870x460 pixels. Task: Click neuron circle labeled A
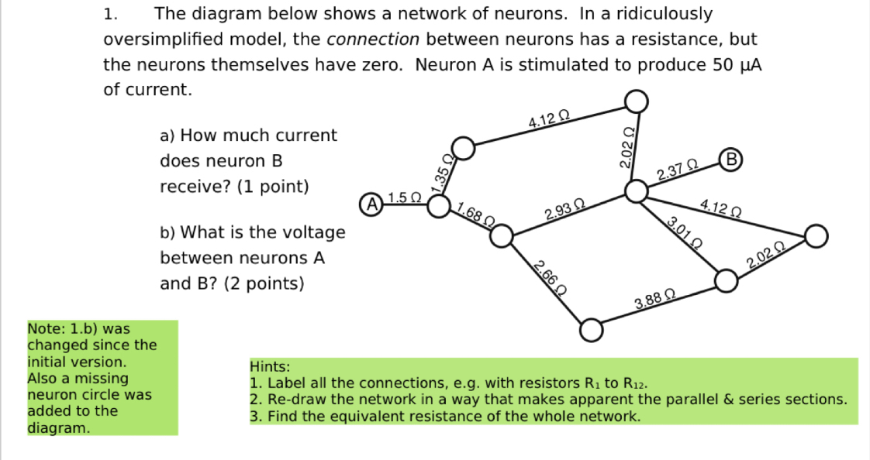pos(372,205)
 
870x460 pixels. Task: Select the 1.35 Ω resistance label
pos(444,174)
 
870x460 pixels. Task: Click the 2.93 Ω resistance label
pos(564,209)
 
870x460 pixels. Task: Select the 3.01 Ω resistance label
pos(685,230)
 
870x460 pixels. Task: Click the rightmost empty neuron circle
pos(816,236)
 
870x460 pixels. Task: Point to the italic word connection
pos(374,39)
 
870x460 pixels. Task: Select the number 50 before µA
pos(721,64)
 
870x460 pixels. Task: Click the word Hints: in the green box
pos(270,366)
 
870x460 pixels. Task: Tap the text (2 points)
pos(264,283)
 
